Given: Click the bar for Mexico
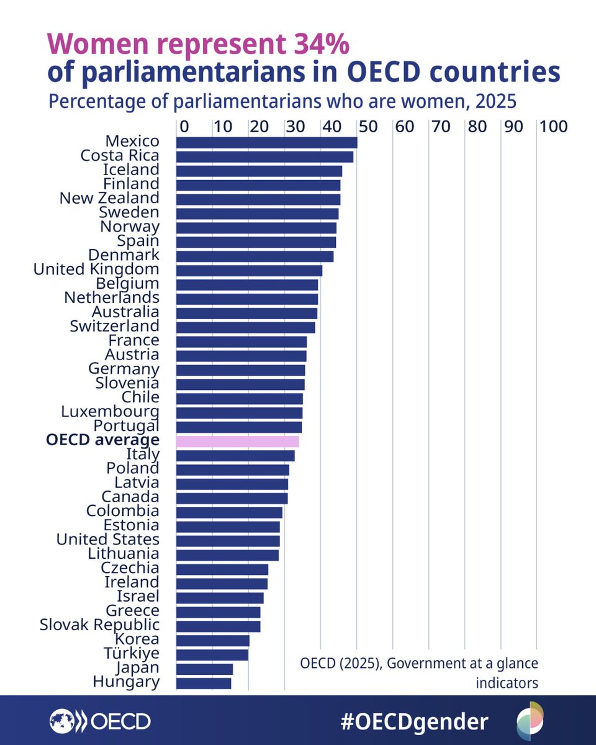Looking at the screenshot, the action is click(x=267, y=143).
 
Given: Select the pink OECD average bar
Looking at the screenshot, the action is click(x=238, y=441).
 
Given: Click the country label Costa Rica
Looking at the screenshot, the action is click(x=120, y=155).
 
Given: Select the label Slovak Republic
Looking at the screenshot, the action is click(x=99, y=625).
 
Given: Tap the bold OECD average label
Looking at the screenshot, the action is click(x=102, y=440).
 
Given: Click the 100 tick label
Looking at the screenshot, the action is click(x=554, y=126).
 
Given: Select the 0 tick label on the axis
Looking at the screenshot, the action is click(x=184, y=126).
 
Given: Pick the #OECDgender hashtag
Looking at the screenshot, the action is click(x=415, y=721).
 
